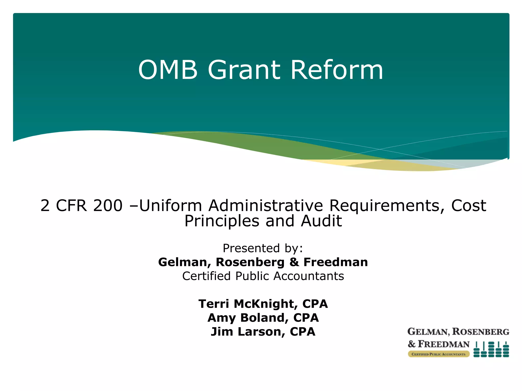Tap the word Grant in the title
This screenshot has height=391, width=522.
244,70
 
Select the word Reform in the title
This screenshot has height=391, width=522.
337,70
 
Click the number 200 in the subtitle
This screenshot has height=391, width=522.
108,205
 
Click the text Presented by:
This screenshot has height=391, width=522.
263,248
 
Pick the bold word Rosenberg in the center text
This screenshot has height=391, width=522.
250,262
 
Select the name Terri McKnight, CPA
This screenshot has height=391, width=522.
263,304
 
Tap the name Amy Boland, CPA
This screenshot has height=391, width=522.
263,318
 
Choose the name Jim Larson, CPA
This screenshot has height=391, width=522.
263,332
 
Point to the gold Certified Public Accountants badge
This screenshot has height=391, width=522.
438,354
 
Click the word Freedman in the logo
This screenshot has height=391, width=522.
443,344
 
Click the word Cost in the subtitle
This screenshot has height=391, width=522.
468,205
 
